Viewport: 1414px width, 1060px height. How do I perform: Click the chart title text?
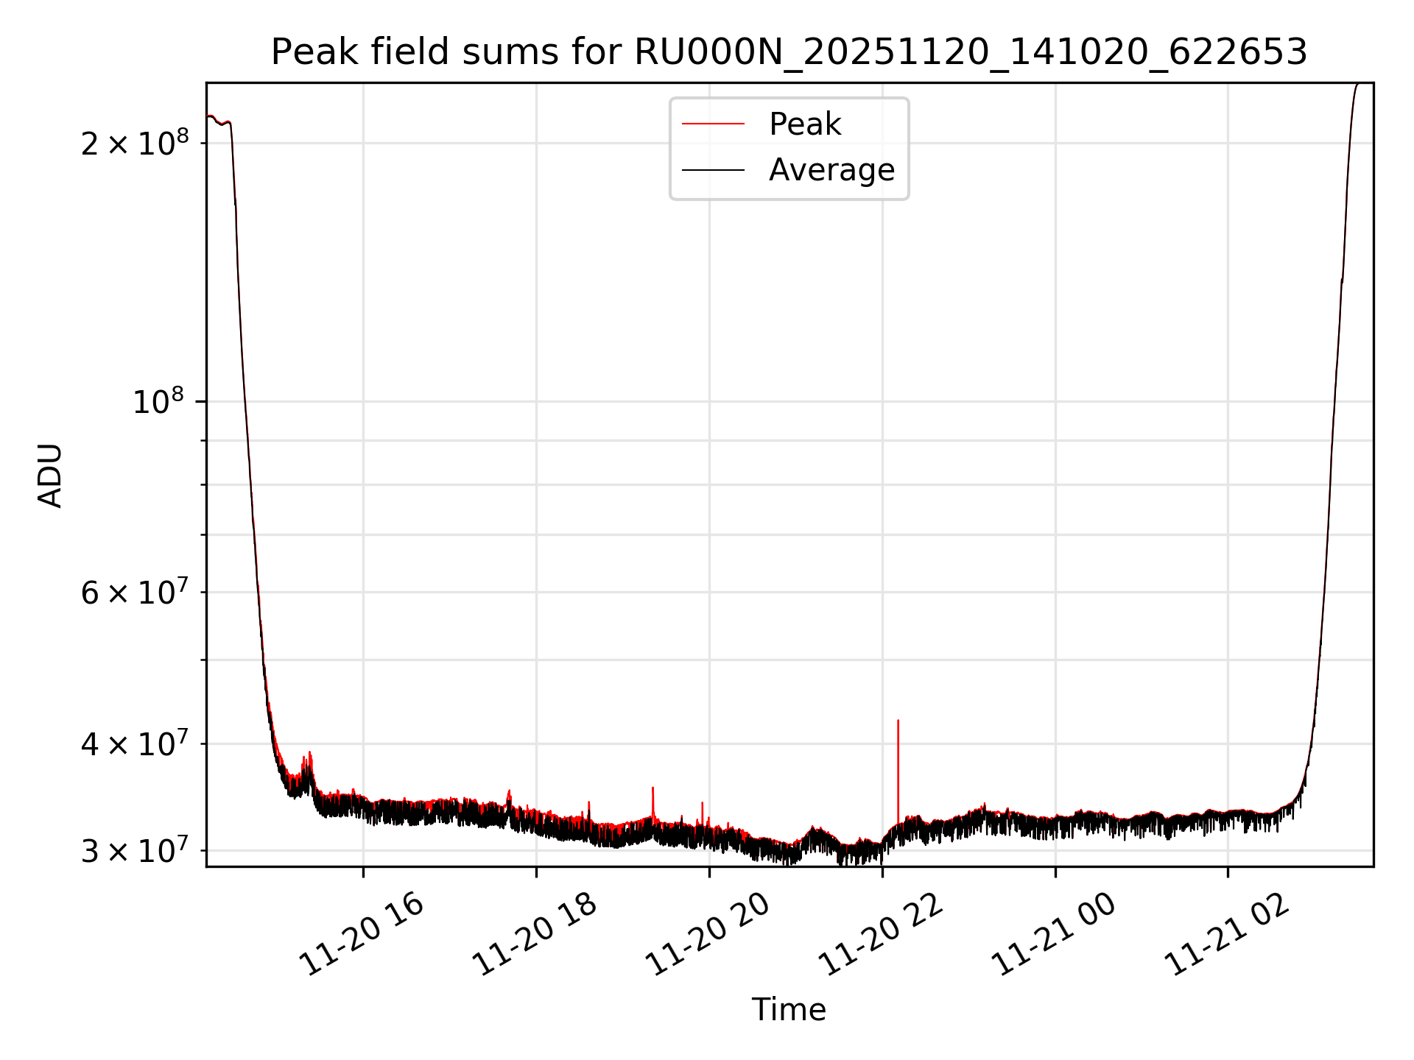(x=789, y=52)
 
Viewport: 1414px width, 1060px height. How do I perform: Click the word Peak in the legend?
(x=804, y=124)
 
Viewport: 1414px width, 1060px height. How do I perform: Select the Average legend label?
(x=831, y=170)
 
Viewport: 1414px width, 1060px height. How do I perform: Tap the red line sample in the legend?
(x=713, y=124)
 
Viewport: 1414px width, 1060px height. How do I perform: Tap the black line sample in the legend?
(x=713, y=170)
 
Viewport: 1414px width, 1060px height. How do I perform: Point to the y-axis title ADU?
(x=50, y=476)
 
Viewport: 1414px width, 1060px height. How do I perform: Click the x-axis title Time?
(x=789, y=1009)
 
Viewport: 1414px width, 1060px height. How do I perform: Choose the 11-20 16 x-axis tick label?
(x=362, y=935)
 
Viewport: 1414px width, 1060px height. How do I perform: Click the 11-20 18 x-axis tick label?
(x=535, y=935)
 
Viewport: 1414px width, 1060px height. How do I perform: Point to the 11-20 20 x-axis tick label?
(x=708, y=935)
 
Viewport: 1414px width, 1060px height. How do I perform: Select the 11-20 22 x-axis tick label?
(x=881, y=935)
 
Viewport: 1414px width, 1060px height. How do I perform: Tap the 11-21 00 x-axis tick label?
(x=1054, y=935)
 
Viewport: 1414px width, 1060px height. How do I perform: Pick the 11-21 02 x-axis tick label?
(x=1227, y=935)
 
